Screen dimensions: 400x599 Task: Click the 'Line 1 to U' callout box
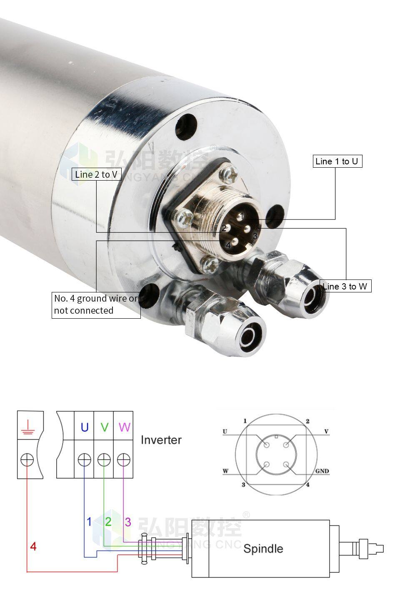pyautogui.click(x=337, y=161)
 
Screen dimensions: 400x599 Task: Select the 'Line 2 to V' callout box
pyautogui.click(x=97, y=174)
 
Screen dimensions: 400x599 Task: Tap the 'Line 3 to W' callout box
pyautogui.click(x=345, y=286)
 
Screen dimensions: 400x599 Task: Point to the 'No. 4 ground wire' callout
pyautogui.click(x=96, y=305)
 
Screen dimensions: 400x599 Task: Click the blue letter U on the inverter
pyautogui.click(x=85, y=427)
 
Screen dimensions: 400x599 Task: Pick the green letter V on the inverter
pyautogui.click(x=105, y=427)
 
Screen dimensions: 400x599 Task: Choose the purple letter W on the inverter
pyautogui.click(x=125, y=427)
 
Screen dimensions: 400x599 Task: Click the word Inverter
pyautogui.click(x=161, y=440)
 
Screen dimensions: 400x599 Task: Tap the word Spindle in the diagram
pyautogui.click(x=263, y=549)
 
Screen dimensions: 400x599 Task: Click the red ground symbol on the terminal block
pyautogui.click(x=27, y=427)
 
